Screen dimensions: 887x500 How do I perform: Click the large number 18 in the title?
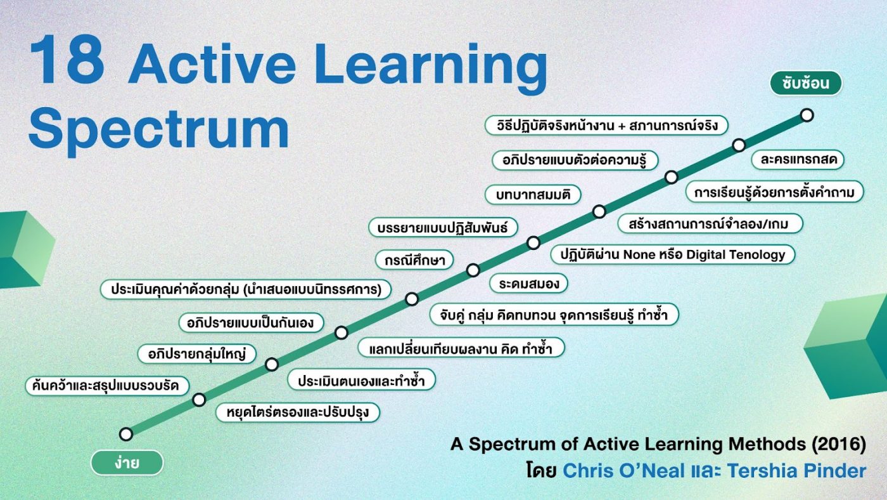pyautogui.click(x=67, y=60)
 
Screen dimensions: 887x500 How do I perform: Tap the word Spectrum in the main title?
pyautogui.click(x=159, y=128)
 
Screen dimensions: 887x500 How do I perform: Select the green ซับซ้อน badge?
pyautogui.click(x=806, y=83)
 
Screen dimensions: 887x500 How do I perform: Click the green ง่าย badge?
pyautogui.click(x=127, y=463)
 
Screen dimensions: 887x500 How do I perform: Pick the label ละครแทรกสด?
pyautogui.click(x=798, y=159)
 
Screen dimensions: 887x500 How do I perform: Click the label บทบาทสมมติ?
pyautogui.click(x=533, y=195)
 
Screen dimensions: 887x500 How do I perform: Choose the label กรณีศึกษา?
pyautogui.click(x=414, y=260)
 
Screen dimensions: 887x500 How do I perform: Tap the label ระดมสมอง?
pyautogui.click(x=528, y=284)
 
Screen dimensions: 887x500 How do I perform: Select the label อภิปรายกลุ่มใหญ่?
pyautogui.click(x=197, y=353)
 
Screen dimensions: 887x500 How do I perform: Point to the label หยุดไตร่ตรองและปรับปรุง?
pyautogui.click(x=298, y=412)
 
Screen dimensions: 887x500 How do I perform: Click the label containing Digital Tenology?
pyautogui.click(x=673, y=254)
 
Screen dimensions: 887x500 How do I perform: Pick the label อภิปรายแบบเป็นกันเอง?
pyautogui.click(x=251, y=322)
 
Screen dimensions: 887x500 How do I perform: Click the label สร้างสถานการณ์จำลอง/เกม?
pyautogui.click(x=710, y=223)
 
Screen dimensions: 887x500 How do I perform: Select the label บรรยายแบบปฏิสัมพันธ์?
pyautogui.click(x=443, y=228)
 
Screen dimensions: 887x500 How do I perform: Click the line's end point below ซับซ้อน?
pyautogui.click(x=807, y=115)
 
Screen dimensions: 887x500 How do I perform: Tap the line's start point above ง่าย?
pyautogui.click(x=126, y=434)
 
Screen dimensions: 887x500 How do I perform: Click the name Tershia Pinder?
pyautogui.click(x=796, y=471)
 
